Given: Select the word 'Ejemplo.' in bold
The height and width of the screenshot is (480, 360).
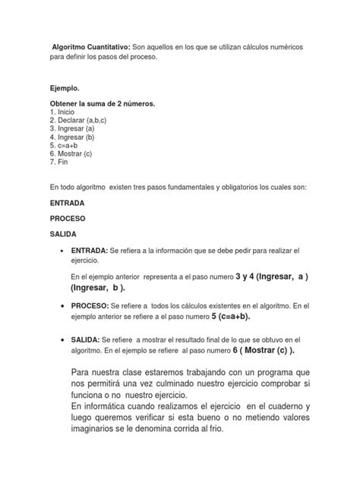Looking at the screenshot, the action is [64, 89].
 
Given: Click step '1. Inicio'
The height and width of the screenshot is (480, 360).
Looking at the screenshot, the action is [66, 112].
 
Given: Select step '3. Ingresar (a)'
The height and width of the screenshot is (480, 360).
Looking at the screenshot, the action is [77, 129].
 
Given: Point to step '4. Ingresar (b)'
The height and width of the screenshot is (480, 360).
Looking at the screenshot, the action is [77, 137].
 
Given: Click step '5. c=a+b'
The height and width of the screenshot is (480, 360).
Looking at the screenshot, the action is [68, 146].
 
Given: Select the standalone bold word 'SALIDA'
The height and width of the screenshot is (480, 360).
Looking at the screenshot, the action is [65, 235].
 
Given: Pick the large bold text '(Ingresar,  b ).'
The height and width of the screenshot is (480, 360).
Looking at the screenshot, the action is [99, 289].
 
